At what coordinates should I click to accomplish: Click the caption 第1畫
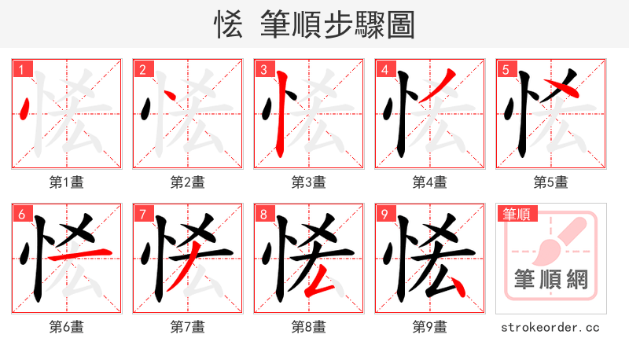point(67,182)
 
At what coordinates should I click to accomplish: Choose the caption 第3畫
point(309,182)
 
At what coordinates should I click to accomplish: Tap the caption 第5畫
point(550,182)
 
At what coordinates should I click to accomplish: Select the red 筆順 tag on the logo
point(516,214)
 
